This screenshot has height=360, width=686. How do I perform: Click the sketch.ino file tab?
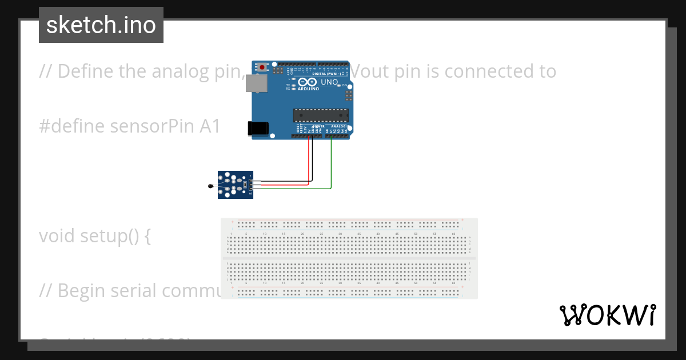pyautogui.click(x=101, y=25)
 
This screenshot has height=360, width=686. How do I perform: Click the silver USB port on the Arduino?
pyautogui.click(x=256, y=84)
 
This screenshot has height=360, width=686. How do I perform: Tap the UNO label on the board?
pyautogui.click(x=329, y=82)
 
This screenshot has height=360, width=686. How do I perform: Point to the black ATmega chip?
pyautogui.click(x=320, y=115)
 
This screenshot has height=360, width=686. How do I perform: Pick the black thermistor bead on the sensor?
pyautogui.click(x=211, y=186)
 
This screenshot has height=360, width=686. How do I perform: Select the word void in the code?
pyautogui.click(x=57, y=235)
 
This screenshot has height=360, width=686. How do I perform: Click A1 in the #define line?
pyautogui.click(x=210, y=126)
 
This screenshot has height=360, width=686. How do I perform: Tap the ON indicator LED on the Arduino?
pyautogui.click(x=339, y=85)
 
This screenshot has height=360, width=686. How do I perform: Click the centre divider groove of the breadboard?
pyautogui.click(x=349, y=258)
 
